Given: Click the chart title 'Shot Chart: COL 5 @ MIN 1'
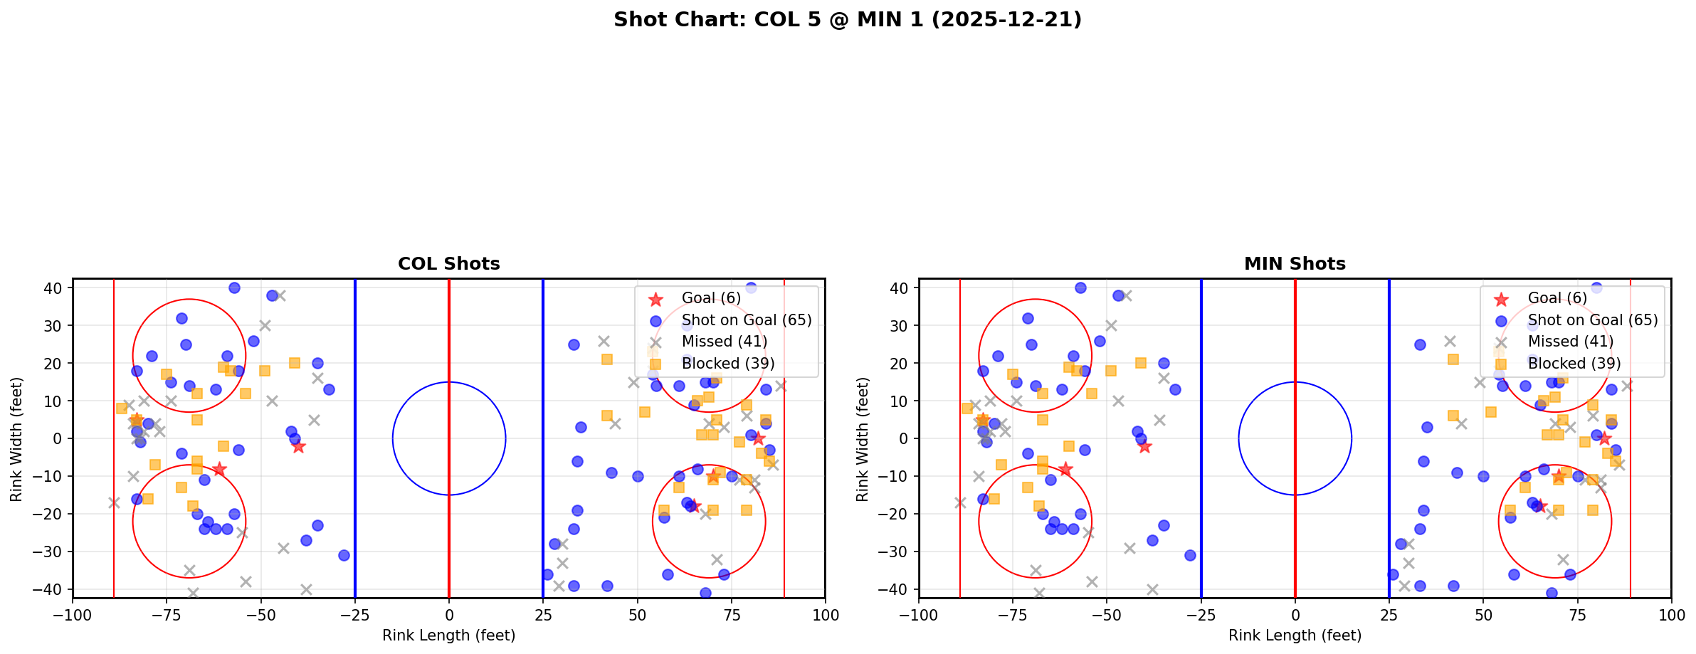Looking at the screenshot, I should tap(847, 19).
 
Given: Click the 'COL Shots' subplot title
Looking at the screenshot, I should tap(448, 264).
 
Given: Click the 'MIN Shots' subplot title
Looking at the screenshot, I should tap(1295, 264).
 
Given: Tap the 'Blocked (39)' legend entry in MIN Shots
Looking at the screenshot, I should tap(1574, 364).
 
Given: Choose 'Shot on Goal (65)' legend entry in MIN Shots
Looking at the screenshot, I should tap(1593, 320).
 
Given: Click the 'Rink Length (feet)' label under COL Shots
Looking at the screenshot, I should tap(448, 635).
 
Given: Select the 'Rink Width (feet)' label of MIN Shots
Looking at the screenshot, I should tap(863, 439).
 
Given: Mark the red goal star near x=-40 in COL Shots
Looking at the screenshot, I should tap(298, 446).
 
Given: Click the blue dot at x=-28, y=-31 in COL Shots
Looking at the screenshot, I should tap(344, 555).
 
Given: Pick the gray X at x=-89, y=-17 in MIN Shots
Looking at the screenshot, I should tap(960, 502).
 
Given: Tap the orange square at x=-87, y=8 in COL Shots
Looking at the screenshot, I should tap(122, 408).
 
